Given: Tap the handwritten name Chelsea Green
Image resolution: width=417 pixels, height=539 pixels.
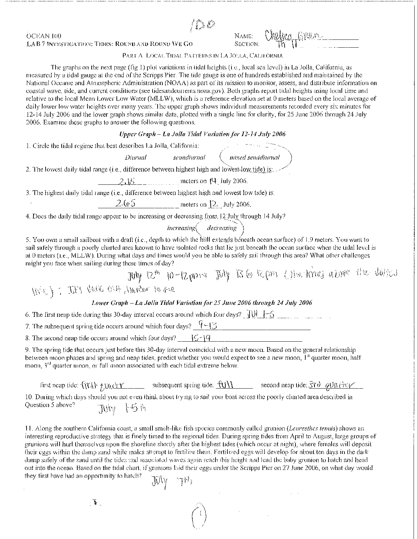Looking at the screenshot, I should click(292, 35).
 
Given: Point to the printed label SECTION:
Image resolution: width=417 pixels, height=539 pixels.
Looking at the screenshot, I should click(247, 44).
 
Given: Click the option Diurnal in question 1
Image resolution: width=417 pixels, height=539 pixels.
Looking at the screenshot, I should click(135, 158).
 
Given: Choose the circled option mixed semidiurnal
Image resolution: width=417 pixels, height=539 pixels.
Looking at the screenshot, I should click(255, 158).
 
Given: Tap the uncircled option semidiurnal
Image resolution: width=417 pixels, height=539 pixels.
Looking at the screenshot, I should click(189, 158).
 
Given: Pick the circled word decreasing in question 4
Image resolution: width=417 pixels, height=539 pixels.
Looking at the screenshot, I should click(222, 228).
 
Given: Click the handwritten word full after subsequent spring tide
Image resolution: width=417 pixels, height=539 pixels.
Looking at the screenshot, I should click(226, 385).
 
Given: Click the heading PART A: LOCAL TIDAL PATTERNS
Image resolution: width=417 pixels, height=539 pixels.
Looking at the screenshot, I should click(202, 55).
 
